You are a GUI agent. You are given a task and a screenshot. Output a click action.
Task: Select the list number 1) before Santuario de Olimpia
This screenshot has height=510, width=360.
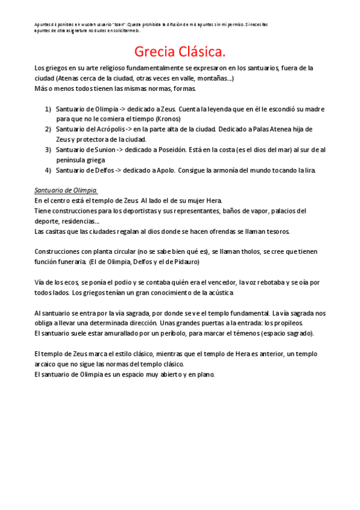pos(48,109)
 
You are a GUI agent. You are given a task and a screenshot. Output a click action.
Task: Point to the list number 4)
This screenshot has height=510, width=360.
pos(48,170)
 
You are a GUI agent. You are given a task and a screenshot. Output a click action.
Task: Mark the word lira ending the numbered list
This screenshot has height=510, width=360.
pos(310,170)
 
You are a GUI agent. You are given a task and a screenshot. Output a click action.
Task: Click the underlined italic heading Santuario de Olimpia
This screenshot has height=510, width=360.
pos(66,191)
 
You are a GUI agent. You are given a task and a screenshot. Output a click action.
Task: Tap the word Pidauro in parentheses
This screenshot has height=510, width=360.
pos(184,262)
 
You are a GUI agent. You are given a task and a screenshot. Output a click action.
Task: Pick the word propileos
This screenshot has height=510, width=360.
pos(288,324)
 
